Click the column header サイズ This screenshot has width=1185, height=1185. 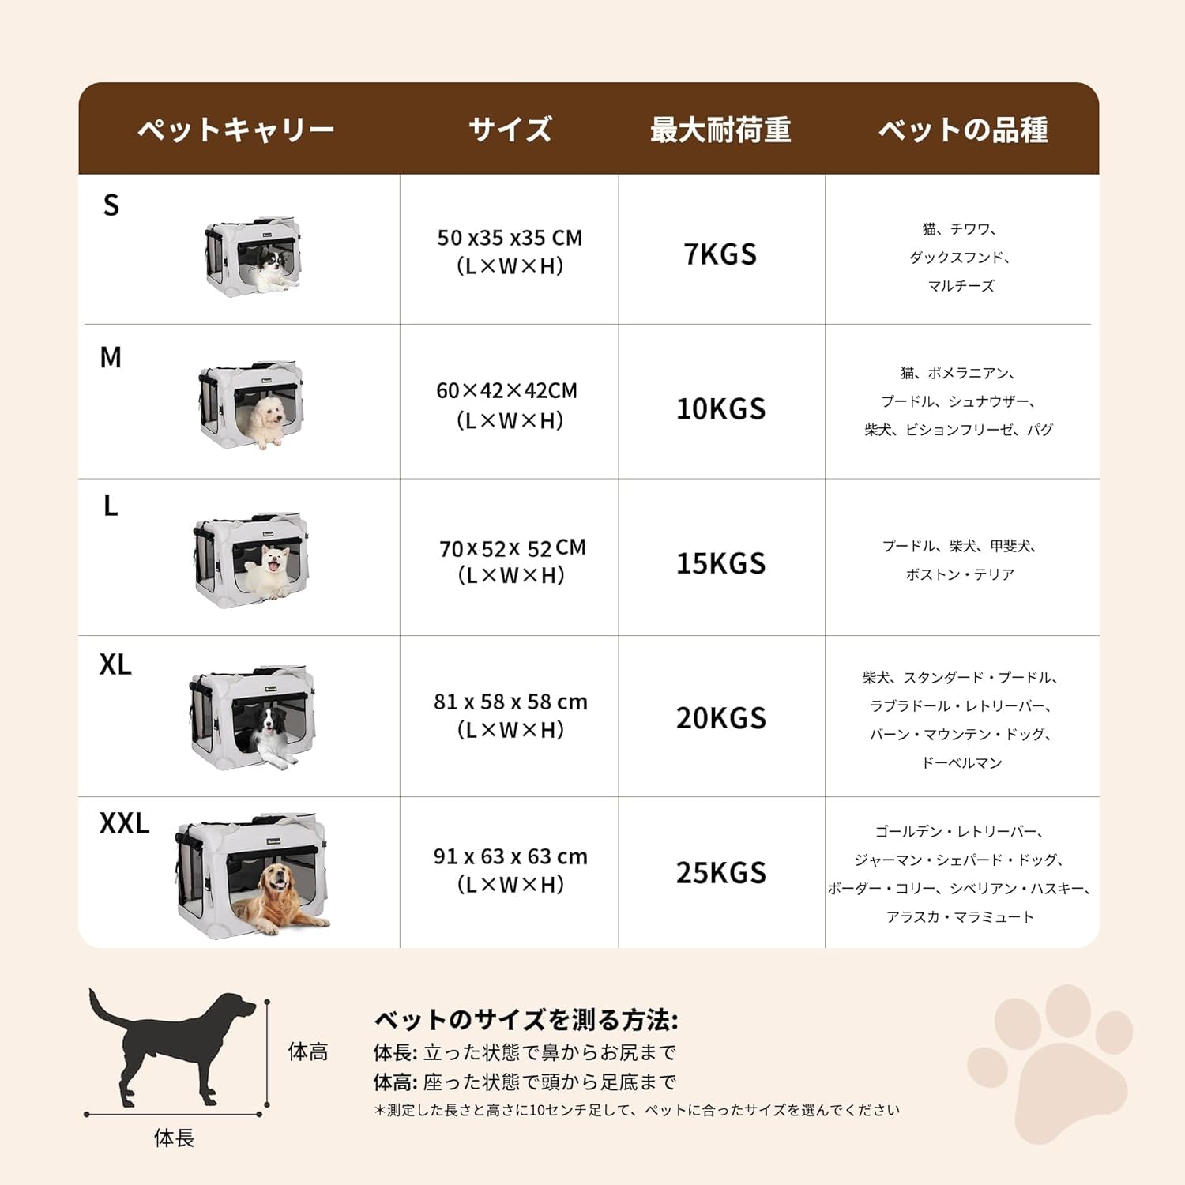point(510,130)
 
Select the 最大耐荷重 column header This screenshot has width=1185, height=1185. point(720,130)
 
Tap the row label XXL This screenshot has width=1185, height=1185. point(124,823)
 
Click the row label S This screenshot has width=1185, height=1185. point(111,205)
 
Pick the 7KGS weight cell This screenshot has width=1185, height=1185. point(720,254)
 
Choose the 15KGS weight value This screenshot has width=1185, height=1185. point(720,563)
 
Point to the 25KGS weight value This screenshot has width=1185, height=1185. point(720,872)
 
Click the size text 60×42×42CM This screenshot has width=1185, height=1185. point(507,391)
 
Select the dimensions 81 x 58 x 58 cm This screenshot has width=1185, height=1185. point(510,702)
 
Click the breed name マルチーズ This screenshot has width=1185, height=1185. point(961,286)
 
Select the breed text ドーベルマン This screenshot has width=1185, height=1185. point(961,762)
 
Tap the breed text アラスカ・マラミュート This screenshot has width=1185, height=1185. point(960,916)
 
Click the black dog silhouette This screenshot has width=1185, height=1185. point(174,1043)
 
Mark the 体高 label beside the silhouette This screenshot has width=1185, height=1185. point(307,1051)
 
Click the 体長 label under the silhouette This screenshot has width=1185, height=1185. point(174,1138)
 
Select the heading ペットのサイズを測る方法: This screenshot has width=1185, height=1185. point(525,1019)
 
